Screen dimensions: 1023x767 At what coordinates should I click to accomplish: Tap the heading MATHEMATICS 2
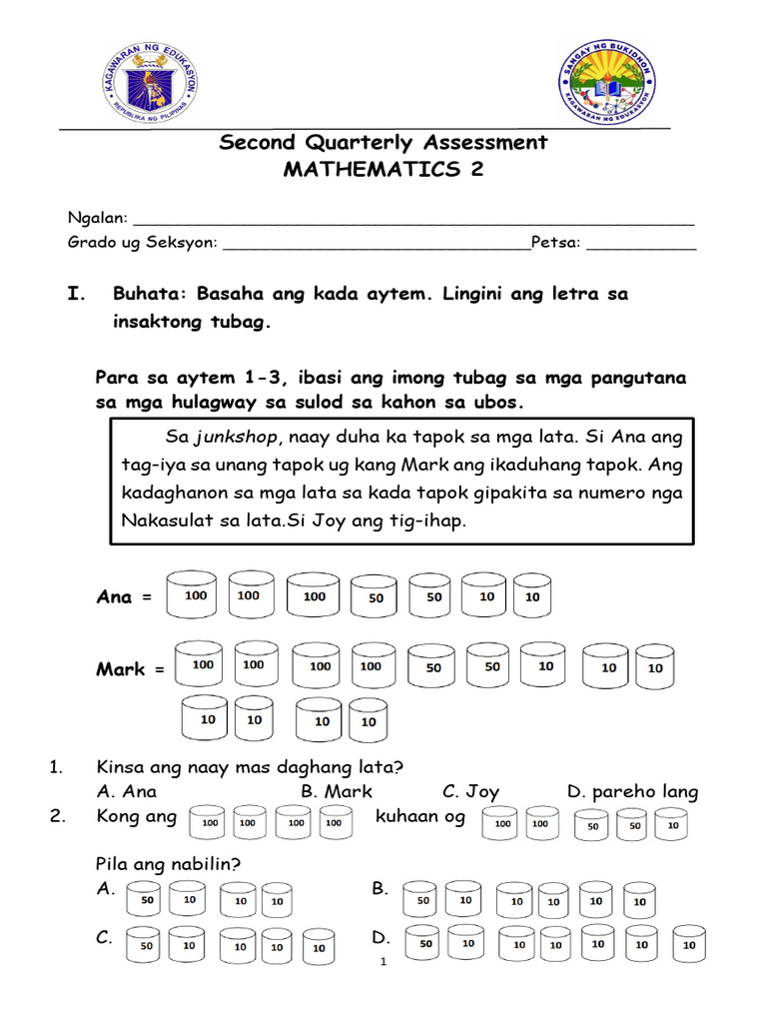383,169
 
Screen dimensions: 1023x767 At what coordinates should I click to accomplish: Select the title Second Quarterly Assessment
383,142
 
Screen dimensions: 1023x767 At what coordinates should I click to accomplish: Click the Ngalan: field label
97,218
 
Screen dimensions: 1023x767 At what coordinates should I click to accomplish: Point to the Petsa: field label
555,242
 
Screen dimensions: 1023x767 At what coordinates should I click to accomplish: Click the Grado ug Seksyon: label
141,242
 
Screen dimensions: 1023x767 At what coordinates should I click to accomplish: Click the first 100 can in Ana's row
196,596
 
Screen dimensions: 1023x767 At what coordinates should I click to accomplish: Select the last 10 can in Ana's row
531,597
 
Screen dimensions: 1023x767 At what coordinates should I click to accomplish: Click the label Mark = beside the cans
129,669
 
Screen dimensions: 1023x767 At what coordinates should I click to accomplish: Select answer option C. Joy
470,791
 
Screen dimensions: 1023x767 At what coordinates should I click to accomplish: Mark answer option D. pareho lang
632,791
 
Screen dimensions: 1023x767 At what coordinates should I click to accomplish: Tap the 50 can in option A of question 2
146,900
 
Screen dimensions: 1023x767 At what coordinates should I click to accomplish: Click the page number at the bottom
383,963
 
